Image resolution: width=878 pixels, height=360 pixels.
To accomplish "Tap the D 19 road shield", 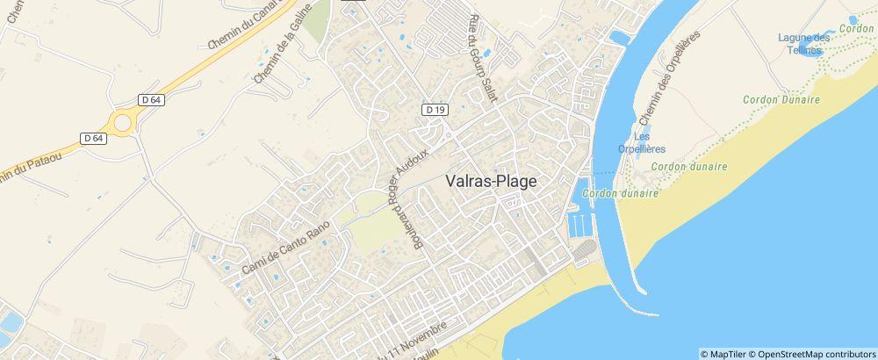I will [x=435, y=110].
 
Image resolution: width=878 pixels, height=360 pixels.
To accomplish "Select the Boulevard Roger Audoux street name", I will [x=409, y=199].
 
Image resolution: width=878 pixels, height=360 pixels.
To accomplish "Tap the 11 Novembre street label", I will [x=413, y=336].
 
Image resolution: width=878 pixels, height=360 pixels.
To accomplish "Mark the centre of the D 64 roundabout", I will [x=123, y=122].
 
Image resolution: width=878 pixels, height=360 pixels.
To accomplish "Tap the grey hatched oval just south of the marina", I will [x=584, y=253].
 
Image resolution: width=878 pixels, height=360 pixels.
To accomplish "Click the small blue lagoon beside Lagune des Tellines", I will [x=853, y=19].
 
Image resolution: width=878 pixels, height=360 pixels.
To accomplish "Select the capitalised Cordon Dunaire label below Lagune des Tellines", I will [x=781, y=100].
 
